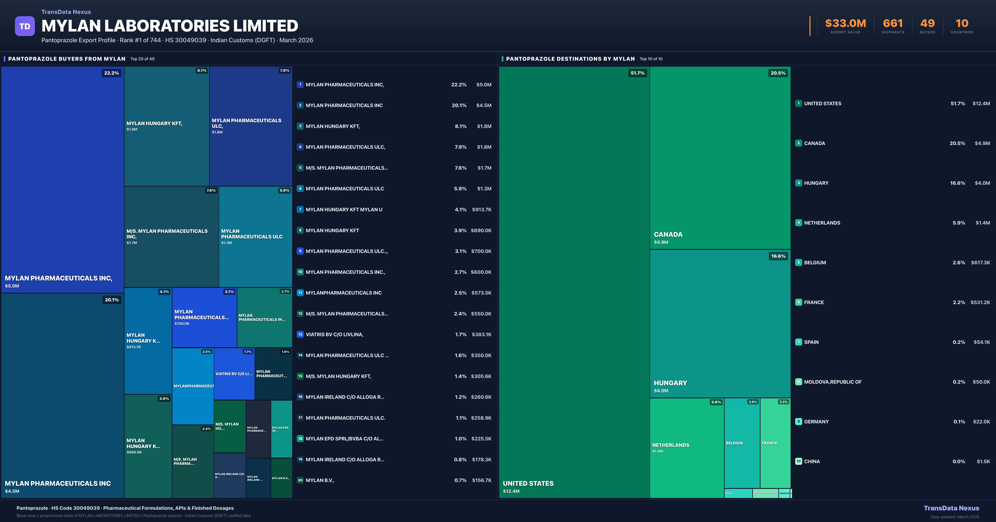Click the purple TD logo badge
[25, 26]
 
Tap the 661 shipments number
[892, 24]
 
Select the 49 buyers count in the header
[927, 24]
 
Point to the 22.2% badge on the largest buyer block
[111, 73]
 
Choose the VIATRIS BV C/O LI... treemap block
[234, 374]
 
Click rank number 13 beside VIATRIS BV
[300, 334]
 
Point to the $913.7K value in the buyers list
[481, 210]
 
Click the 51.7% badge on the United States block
[637, 73]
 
